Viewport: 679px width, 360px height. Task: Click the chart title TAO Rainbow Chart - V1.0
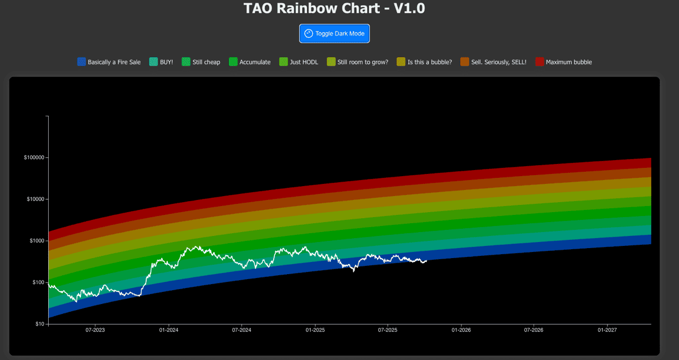coord(335,8)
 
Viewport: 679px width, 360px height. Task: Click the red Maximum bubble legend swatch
coord(540,62)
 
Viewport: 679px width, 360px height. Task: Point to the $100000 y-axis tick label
coord(34,158)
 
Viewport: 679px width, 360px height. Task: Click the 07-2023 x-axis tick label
coord(95,330)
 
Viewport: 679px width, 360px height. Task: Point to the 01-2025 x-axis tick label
coord(315,330)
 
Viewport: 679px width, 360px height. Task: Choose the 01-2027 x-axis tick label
coord(608,330)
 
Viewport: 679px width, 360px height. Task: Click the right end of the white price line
coord(426,260)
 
